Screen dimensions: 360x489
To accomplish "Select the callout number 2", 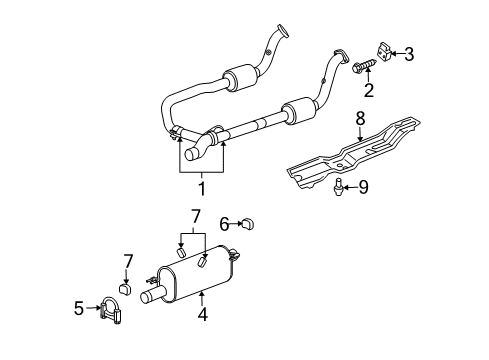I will point(369,91).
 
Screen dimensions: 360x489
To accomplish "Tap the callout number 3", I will point(409,53).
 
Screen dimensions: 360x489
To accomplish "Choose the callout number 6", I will point(225,223).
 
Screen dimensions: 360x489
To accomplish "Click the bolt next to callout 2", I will point(361,68).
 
